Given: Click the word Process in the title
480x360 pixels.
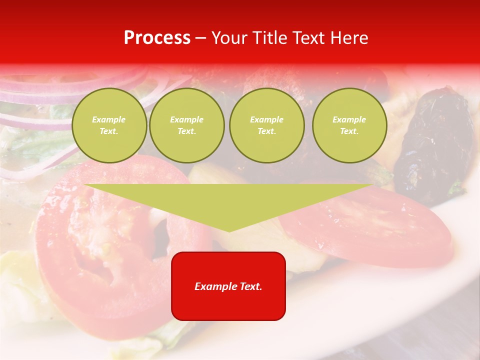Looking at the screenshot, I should [x=157, y=38].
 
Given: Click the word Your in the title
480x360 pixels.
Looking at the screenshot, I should [x=228, y=38].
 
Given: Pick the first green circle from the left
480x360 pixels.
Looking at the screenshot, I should [x=109, y=125].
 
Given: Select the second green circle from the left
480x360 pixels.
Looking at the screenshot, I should [x=187, y=125].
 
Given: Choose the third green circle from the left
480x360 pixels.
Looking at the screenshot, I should [x=266, y=125].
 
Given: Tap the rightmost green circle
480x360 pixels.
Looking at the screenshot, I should [x=349, y=125].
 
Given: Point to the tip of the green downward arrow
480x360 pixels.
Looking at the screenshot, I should [x=229, y=230].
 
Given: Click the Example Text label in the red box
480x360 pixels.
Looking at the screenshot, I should [x=228, y=286].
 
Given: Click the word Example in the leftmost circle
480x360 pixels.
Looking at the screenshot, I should [x=109, y=119].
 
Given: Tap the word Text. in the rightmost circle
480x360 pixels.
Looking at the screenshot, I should [x=349, y=131].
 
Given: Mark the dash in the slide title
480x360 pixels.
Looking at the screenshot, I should [x=200, y=38].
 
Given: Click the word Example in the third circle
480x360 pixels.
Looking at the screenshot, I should [x=266, y=119].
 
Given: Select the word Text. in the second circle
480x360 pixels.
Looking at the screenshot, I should [x=187, y=131].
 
